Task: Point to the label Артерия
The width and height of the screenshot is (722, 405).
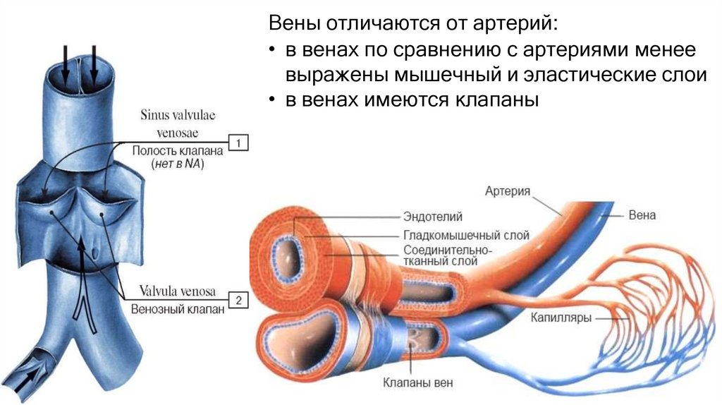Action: pyautogui.click(x=507, y=191)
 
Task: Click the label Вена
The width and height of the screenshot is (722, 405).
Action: pyautogui.click(x=642, y=214)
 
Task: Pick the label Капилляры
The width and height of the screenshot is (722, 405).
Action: pyautogui.click(x=561, y=317)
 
